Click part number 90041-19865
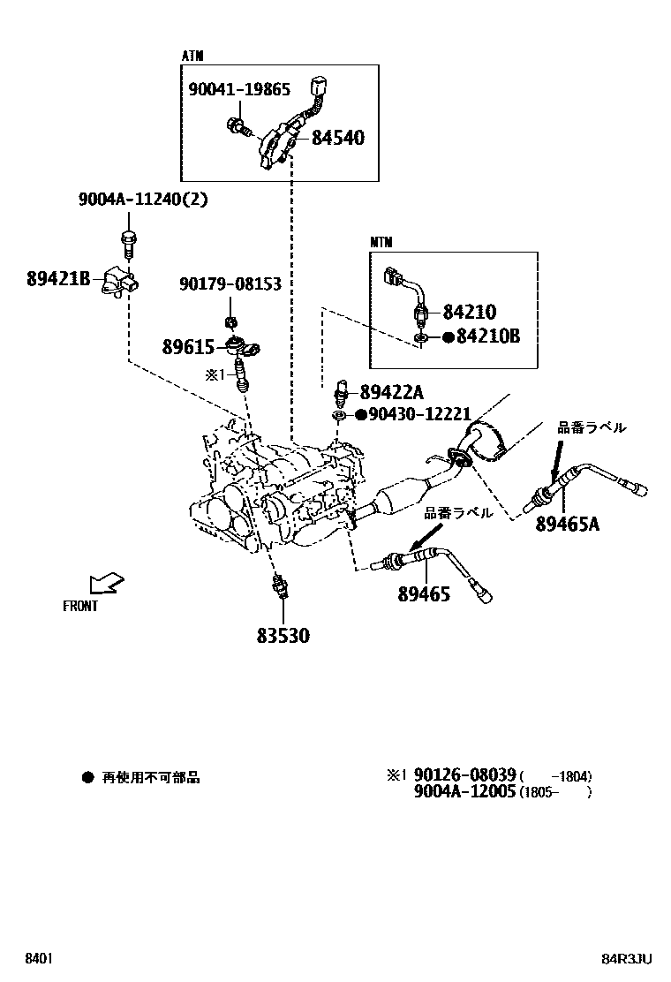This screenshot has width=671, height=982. click(x=240, y=89)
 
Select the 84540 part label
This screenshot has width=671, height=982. click(x=337, y=138)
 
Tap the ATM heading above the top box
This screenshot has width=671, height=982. click(x=192, y=57)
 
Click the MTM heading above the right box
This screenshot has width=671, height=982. click(x=381, y=242)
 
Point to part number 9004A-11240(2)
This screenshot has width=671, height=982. click(x=143, y=200)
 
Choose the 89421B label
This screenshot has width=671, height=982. click(x=58, y=279)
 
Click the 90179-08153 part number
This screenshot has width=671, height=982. click(x=230, y=284)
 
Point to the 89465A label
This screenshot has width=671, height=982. click(x=567, y=525)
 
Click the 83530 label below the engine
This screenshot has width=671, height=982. click(x=283, y=635)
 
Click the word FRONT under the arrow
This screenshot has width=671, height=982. click(x=80, y=607)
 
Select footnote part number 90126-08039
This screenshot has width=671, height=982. click(x=464, y=775)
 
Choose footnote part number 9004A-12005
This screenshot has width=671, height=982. click(x=464, y=791)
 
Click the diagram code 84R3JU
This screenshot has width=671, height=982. click(x=627, y=958)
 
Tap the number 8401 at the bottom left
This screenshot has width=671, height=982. click(x=37, y=958)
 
